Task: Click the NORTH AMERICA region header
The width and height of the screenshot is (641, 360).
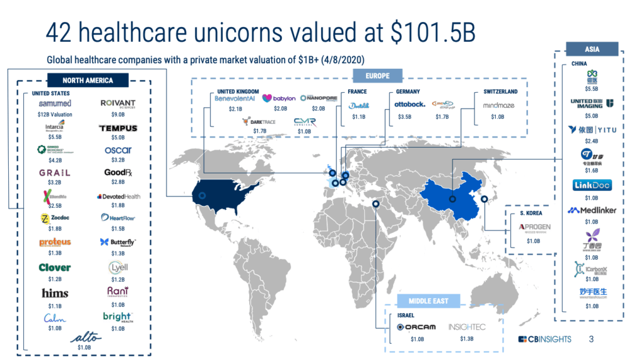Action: click(x=87, y=80)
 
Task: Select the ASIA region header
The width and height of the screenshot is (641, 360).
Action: click(x=592, y=49)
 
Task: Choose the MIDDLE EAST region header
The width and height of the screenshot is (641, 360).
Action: click(x=429, y=301)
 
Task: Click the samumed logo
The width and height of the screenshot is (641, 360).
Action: click(x=55, y=103)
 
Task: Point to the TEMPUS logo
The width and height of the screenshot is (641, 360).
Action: click(x=118, y=128)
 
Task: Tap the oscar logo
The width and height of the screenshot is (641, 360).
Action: click(x=118, y=150)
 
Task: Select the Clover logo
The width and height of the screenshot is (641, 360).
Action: click(x=55, y=267)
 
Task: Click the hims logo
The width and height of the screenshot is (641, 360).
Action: click(x=55, y=293)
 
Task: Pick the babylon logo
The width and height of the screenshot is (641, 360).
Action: click(x=279, y=98)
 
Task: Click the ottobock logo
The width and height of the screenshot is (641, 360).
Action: click(x=411, y=104)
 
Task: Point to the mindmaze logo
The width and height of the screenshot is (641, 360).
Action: click(x=498, y=105)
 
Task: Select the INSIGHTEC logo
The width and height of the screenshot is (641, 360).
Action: click(x=467, y=327)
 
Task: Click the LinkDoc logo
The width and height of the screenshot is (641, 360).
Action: click(x=592, y=185)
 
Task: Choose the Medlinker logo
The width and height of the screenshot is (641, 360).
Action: click(x=592, y=210)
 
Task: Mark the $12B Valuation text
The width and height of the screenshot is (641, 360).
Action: click(x=55, y=115)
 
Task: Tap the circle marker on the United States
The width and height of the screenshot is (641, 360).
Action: click(x=202, y=195)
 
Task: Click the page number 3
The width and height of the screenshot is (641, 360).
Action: click(x=592, y=339)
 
